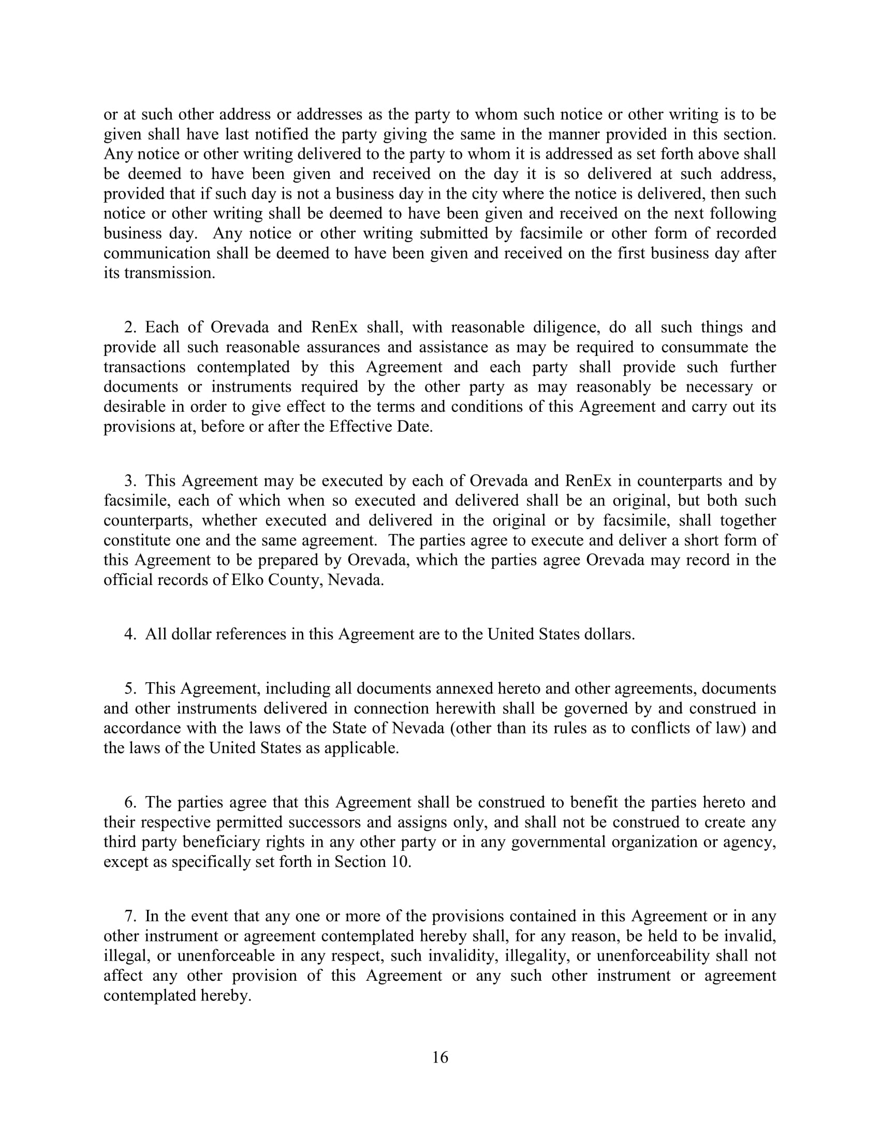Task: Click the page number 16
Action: [440, 1057]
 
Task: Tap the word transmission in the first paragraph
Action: [169, 273]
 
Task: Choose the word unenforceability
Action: [653, 955]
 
